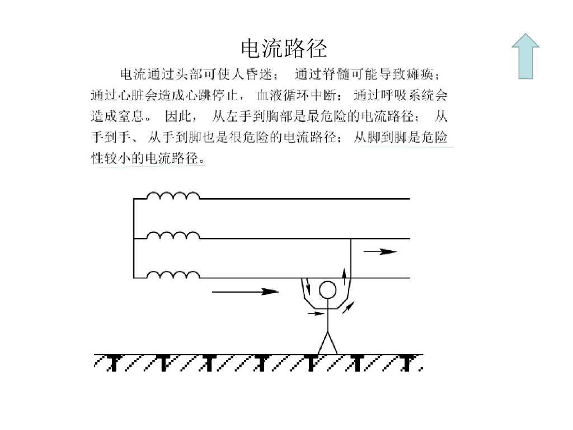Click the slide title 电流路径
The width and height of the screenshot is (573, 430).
point(284,49)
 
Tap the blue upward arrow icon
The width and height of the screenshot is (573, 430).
point(525,56)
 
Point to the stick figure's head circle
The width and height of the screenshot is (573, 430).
point(327,289)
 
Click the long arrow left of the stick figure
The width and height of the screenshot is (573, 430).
point(246,291)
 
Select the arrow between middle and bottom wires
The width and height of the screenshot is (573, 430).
point(381,252)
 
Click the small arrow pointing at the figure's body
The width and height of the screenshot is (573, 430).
point(316,314)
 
